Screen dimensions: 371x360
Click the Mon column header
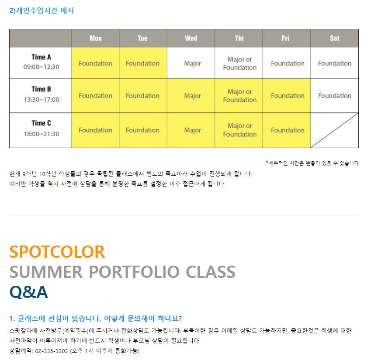pyautogui.click(x=95, y=38)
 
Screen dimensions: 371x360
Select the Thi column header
pyautogui.click(x=239, y=38)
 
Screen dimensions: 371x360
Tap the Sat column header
pyautogui.click(x=335, y=38)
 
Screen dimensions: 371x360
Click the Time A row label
pyautogui.click(x=42, y=57)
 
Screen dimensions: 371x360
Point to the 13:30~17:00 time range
pyautogui.click(x=42, y=100)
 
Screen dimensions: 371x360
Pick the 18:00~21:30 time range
pyautogui.click(x=42, y=134)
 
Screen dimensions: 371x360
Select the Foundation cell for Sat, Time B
pyautogui.click(x=335, y=96)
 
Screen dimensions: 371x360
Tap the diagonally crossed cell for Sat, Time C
pyautogui.click(x=335, y=130)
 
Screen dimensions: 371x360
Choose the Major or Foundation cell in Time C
pyautogui.click(x=239, y=130)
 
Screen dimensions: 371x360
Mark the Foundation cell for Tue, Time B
pyautogui.click(x=143, y=96)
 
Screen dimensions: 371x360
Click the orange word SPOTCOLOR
pyautogui.click(x=57, y=252)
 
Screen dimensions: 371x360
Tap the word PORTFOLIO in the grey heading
pyautogui.click(x=134, y=272)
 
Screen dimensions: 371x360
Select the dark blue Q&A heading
pyautogui.click(x=29, y=292)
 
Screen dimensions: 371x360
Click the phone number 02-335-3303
pyautogui.click(x=52, y=351)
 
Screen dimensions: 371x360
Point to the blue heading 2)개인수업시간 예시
pyautogui.click(x=42, y=10)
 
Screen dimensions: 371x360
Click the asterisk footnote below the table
pyautogui.click(x=312, y=163)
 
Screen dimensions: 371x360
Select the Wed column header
pyautogui.click(x=191, y=38)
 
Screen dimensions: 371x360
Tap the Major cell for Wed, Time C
pyautogui.click(x=191, y=130)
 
